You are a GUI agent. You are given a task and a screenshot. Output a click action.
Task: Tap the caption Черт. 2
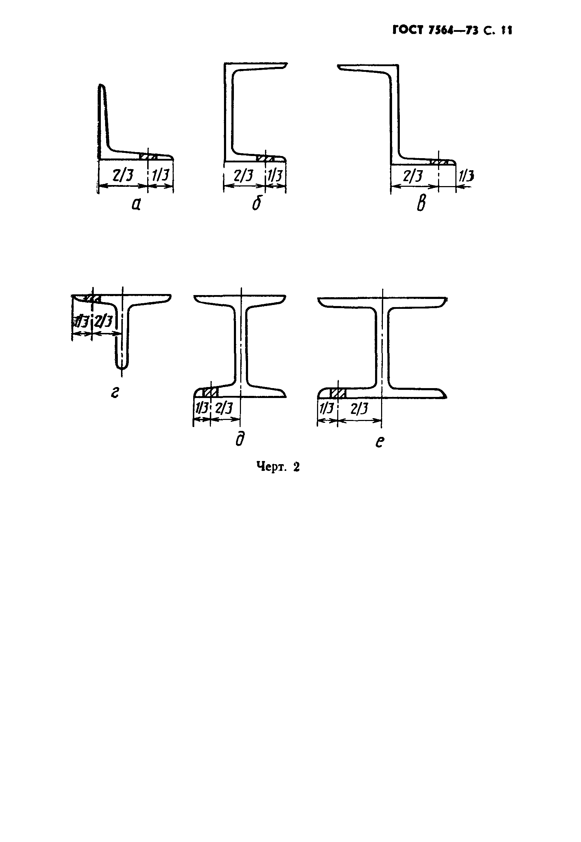click(278, 467)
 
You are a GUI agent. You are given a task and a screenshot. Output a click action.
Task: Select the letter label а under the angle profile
click(136, 205)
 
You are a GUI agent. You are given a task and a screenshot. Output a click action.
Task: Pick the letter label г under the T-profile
click(115, 393)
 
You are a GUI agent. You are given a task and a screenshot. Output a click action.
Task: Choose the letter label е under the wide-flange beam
click(380, 442)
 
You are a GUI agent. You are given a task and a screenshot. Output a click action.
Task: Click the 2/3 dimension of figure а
click(123, 176)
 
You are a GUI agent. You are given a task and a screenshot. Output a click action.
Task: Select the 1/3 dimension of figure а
click(161, 176)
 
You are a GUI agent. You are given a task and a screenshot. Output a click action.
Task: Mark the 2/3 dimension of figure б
click(243, 176)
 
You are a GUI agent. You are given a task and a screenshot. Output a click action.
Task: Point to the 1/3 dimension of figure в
click(466, 177)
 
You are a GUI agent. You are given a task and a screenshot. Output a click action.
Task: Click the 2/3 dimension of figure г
click(103, 321)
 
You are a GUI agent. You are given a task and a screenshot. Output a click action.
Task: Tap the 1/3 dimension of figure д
click(201, 408)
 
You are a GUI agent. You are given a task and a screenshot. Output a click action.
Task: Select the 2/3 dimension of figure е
click(359, 409)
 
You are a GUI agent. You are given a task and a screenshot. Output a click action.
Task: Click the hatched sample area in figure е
click(338, 393)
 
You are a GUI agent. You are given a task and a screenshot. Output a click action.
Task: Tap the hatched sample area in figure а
click(149, 157)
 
